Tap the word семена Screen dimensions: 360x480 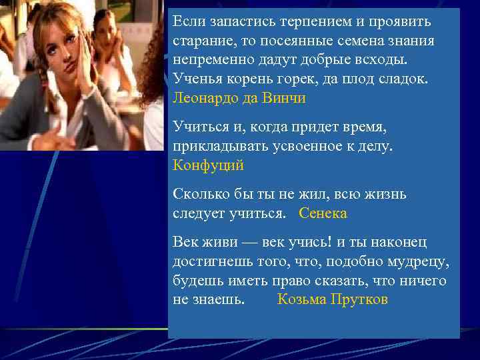(366, 41)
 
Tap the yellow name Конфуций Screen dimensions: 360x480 (209, 165)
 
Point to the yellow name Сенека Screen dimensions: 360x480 (323, 213)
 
